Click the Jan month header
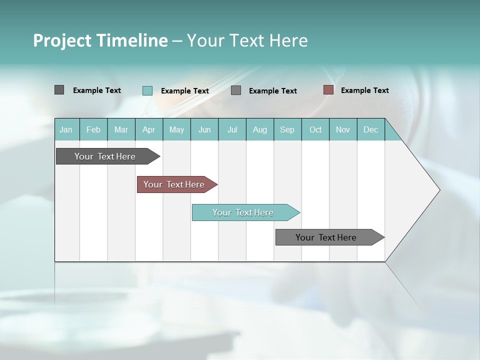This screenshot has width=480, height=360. (66, 129)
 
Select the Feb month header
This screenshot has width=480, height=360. (93, 129)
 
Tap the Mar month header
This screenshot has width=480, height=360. (121, 129)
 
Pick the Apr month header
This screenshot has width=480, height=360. (149, 129)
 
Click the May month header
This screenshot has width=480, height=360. (176, 129)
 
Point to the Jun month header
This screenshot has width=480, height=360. (204, 129)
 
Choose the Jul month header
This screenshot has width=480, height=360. (232, 129)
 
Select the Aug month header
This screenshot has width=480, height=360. (260, 129)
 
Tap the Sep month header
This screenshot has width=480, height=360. (287, 129)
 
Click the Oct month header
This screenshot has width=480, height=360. (315, 129)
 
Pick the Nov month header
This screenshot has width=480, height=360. (343, 129)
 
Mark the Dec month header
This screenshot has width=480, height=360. (371, 129)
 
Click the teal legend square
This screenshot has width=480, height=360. (147, 90)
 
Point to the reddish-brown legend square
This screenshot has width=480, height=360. (328, 90)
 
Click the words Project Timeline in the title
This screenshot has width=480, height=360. (100, 40)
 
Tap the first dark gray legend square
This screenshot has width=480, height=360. (59, 90)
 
